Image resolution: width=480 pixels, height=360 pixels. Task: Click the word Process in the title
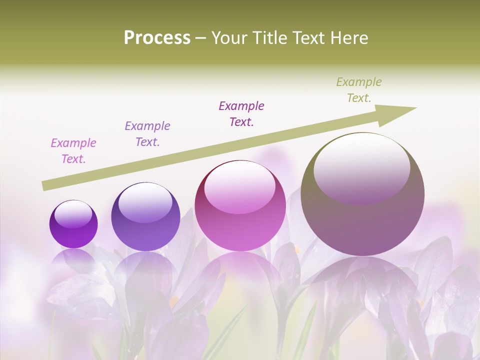(157, 37)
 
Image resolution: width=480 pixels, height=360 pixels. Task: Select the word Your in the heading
(229, 38)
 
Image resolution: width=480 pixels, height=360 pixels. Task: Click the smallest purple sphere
(73, 224)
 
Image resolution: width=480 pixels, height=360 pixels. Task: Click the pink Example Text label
(73, 151)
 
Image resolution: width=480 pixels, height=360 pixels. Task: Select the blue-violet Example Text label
(147, 134)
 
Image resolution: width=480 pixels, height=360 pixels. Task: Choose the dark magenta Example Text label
(241, 113)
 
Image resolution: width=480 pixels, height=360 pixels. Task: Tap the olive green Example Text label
(359, 90)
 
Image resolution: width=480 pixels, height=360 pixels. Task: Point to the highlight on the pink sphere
(239, 187)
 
